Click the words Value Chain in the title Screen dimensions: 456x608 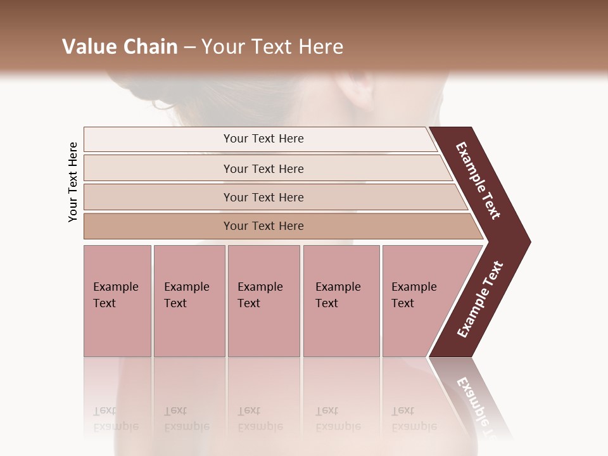pyautogui.click(x=120, y=47)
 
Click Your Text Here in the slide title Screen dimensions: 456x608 pyautogui.click(x=272, y=47)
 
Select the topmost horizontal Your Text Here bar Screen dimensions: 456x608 pyautogui.click(x=263, y=139)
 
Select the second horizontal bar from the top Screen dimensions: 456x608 pyautogui.click(x=263, y=168)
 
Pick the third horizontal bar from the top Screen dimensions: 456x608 pyautogui.click(x=263, y=197)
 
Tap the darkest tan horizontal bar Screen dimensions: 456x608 pyautogui.click(x=263, y=226)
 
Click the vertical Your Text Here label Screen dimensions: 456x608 pyautogui.click(x=73, y=182)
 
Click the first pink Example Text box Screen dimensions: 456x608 pyautogui.click(x=117, y=301)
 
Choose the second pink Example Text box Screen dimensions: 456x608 pyautogui.click(x=189, y=301)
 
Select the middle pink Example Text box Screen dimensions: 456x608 pyautogui.click(x=263, y=301)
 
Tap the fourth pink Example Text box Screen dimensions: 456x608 pyautogui.click(x=341, y=301)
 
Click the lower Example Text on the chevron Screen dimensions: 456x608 pyautogui.click(x=480, y=299)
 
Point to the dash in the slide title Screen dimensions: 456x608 pyautogui.click(x=189, y=47)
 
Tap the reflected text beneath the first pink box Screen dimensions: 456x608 pyautogui.click(x=116, y=418)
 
